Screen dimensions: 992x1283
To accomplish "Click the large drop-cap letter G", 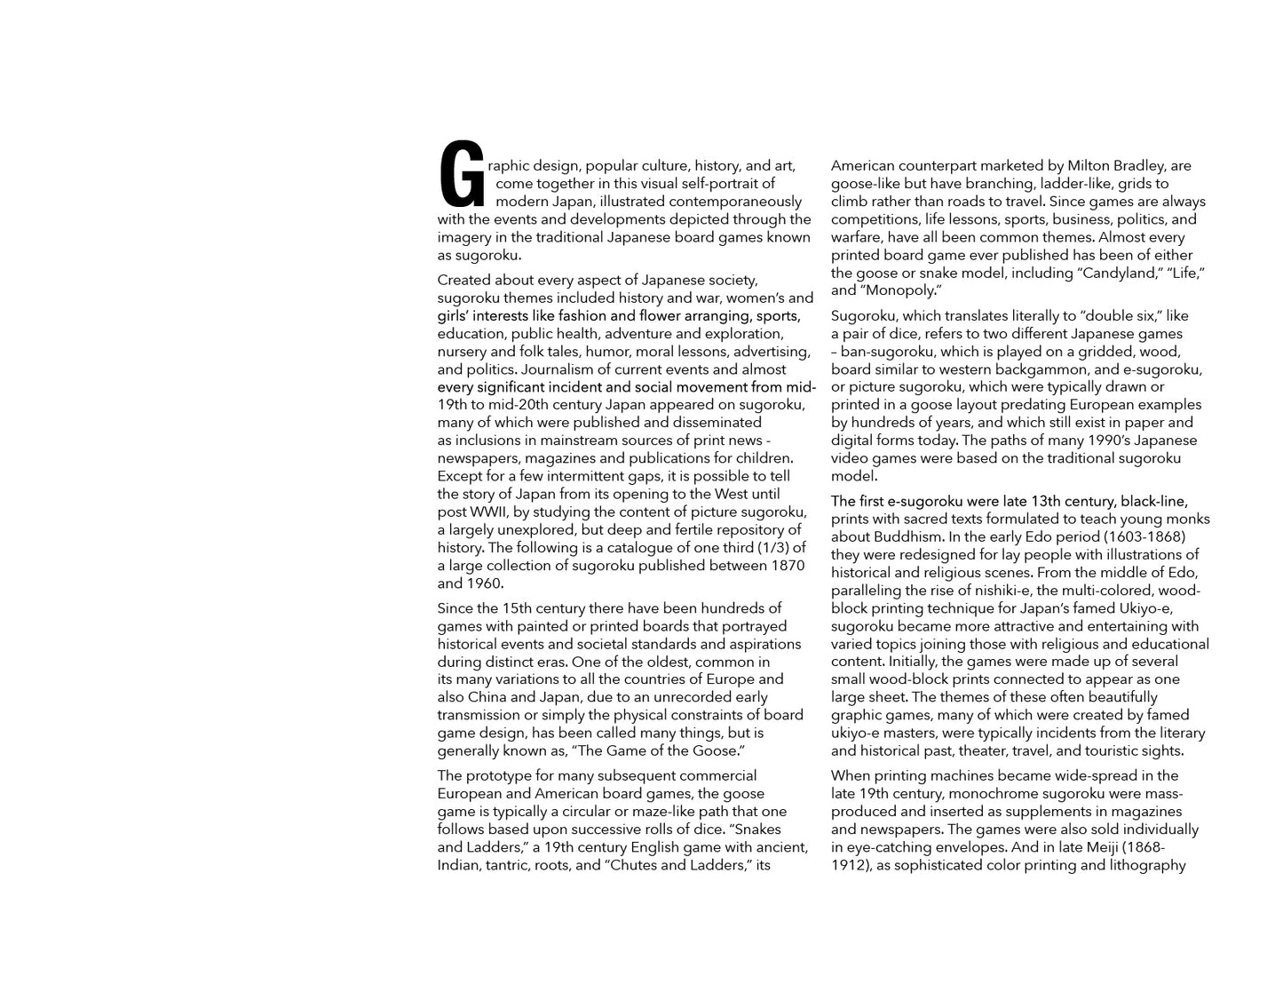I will [462, 174].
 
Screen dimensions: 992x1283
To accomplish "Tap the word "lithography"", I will [1144, 865].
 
